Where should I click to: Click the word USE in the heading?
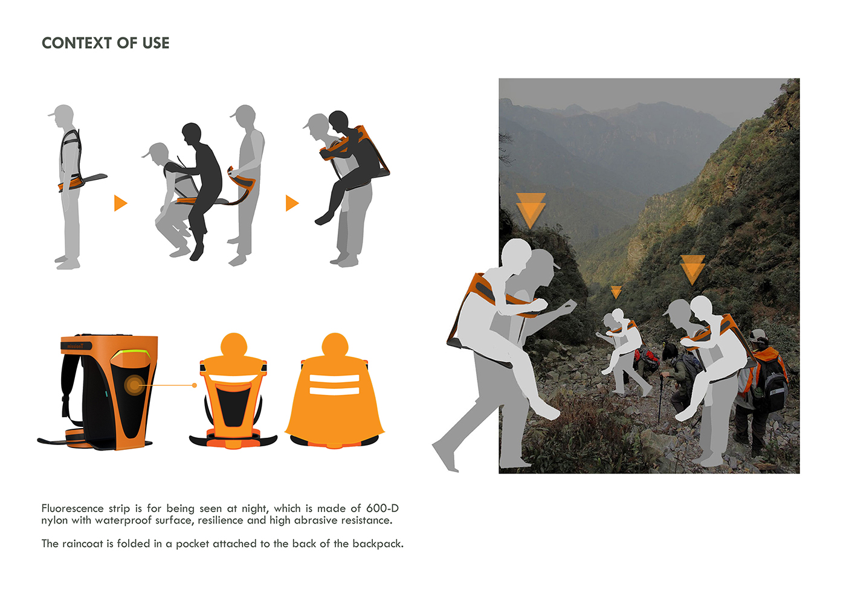pos(156,43)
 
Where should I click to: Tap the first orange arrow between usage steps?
pos(120,203)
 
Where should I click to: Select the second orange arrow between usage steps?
pos(292,203)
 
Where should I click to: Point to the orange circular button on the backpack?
pos(134,385)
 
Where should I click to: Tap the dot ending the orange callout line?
pos(195,385)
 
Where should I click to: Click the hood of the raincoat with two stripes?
pos(335,344)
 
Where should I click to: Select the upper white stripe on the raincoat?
pos(334,378)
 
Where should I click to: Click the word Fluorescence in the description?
pos(73,508)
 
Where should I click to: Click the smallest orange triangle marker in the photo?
pos(616,292)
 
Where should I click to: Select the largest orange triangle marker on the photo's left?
pos(531,211)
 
